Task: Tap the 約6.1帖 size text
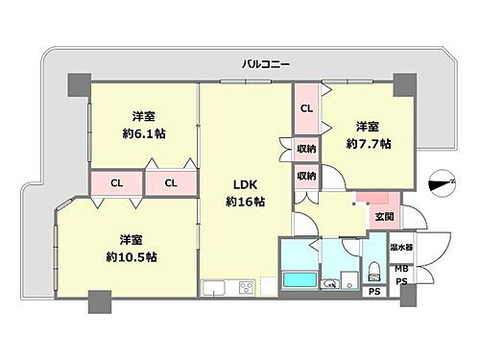click(145, 134)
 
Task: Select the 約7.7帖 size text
click(370, 143)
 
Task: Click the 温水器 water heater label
click(402, 247)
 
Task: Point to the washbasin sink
click(330, 282)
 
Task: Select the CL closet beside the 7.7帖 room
click(306, 108)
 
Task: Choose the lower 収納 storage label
click(306, 176)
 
